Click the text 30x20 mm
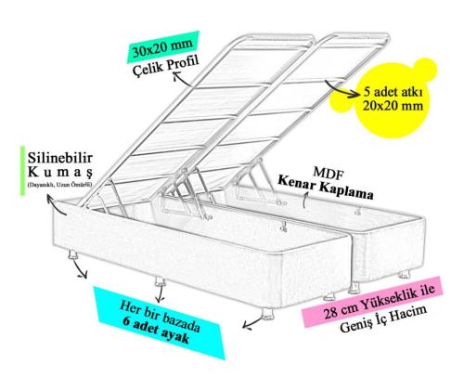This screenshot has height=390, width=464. click(162, 47)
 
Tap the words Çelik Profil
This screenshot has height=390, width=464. click(165, 66)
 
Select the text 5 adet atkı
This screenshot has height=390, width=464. click(393, 92)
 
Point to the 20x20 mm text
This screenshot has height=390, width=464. click(393, 106)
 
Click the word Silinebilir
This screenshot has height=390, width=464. click(60, 158)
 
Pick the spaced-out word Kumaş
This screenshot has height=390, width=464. click(60, 172)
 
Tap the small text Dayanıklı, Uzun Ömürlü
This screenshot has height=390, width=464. click(59, 185)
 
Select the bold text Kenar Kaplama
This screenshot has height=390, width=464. click(326, 188)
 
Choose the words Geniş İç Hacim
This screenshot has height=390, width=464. click(383, 318)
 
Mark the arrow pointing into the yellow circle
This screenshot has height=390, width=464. click(341, 90)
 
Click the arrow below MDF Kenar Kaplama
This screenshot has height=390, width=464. click(304, 200)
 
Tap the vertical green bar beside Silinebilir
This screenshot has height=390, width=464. click(22, 171)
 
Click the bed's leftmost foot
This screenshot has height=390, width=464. click(73, 255)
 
